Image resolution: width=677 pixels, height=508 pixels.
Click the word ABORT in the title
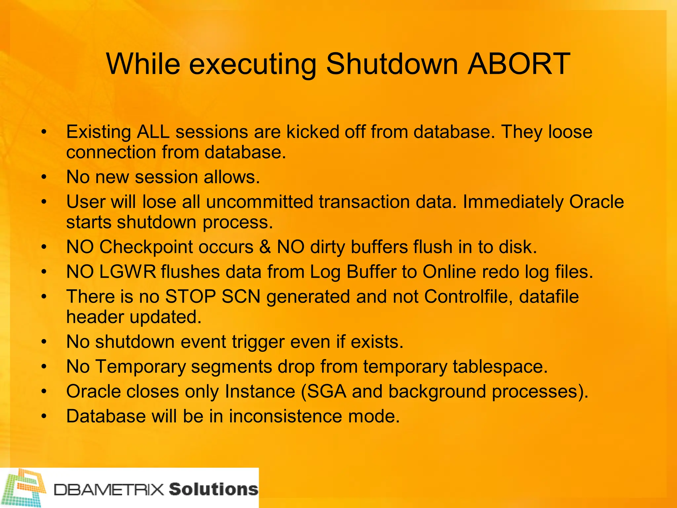click(x=519, y=63)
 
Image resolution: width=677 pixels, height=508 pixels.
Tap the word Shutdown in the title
click(x=392, y=63)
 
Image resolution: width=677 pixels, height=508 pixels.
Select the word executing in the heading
click(x=253, y=64)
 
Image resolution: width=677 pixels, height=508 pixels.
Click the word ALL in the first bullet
click(x=153, y=132)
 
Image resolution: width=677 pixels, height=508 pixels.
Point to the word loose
click(x=570, y=132)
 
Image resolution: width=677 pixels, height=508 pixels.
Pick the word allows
click(x=232, y=177)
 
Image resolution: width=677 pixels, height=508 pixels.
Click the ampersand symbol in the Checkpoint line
click(x=265, y=247)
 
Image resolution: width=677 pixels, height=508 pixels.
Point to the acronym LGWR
click(x=127, y=272)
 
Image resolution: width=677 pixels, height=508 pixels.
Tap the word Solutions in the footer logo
click(x=214, y=489)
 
